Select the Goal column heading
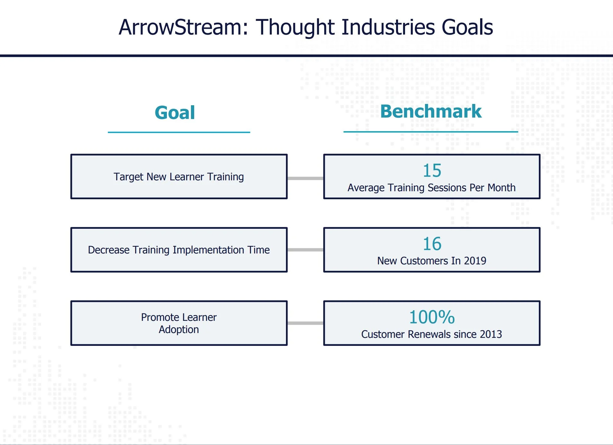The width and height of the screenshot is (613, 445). coord(175,113)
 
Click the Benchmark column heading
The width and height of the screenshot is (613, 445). coord(431,111)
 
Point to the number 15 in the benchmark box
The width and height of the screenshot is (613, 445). coord(432,170)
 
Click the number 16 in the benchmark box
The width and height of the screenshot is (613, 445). coord(432,244)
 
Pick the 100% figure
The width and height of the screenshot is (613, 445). coord(432,317)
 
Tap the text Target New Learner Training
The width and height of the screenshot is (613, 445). coord(179,177)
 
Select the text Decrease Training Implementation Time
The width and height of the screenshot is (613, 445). coord(179,250)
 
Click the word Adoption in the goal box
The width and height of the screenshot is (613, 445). coord(179,329)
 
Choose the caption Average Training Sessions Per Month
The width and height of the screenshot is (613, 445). coord(432,188)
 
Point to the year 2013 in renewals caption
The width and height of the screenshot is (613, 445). coord(491,334)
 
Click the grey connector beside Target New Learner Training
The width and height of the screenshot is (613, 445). coord(306,178)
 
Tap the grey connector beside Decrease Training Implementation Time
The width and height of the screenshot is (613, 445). coord(306,250)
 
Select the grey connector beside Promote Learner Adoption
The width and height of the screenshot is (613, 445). coord(306,323)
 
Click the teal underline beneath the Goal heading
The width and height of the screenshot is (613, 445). coord(179,132)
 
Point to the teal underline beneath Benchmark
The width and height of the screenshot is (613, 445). coord(431,132)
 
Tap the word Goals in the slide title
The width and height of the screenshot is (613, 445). coord(467,27)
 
